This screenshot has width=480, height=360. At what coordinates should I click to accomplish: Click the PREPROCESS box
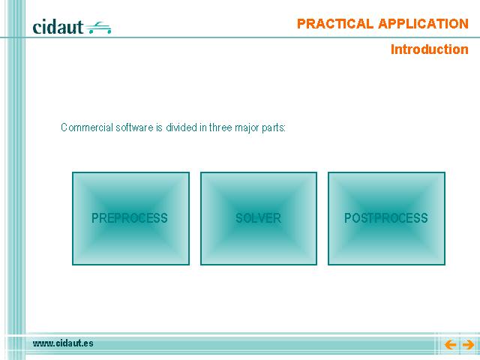(130, 218)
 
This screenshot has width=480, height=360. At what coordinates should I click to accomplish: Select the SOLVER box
(259, 218)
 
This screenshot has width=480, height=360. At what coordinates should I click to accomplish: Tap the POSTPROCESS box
(387, 218)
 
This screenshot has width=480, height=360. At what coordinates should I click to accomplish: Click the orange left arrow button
(450, 345)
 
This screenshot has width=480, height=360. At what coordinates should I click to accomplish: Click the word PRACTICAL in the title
(335, 24)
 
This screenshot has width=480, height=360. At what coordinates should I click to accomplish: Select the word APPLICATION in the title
(423, 24)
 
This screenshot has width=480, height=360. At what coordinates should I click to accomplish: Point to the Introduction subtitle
(430, 49)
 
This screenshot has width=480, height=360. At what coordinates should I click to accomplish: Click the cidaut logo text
(58, 27)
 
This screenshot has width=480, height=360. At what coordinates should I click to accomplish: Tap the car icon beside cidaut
(98, 28)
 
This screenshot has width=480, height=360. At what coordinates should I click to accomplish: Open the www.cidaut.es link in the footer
(63, 343)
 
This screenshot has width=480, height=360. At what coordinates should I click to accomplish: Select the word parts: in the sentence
(274, 128)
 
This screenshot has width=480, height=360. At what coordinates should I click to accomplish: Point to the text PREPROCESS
(130, 218)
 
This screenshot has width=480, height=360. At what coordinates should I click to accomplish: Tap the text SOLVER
(258, 218)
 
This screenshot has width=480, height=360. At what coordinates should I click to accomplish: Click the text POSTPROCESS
(386, 218)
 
